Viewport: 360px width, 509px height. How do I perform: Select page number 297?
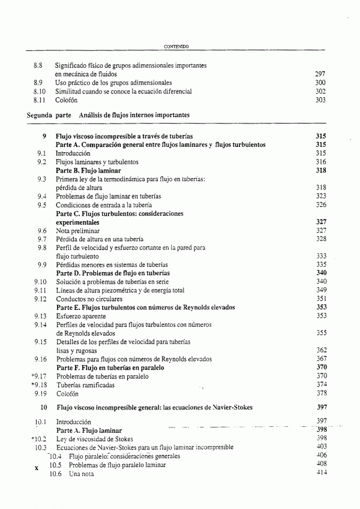[x=320, y=74]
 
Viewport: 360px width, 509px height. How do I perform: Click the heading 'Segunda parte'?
[x=48, y=114]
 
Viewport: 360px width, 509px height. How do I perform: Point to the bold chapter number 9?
[x=44, y=136]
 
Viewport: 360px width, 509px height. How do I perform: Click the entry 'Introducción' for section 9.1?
[x=73, y=153]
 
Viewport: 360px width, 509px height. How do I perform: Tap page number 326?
[x=320, y=205]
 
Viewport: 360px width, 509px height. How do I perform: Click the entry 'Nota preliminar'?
[x=78, y=231]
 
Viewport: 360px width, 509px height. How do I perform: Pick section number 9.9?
[x=42, y=264]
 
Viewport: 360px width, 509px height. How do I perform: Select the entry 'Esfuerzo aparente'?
[x=80, y=316]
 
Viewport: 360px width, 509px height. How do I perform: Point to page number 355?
[x=320, y=333]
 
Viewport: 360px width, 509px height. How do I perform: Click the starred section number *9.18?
[x=39, y=384]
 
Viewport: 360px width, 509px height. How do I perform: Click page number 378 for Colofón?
[x=320, y=393]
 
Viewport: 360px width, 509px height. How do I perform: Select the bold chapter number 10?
[x=43, y=407]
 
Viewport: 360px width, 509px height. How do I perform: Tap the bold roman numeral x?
[x=37, y=468]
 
